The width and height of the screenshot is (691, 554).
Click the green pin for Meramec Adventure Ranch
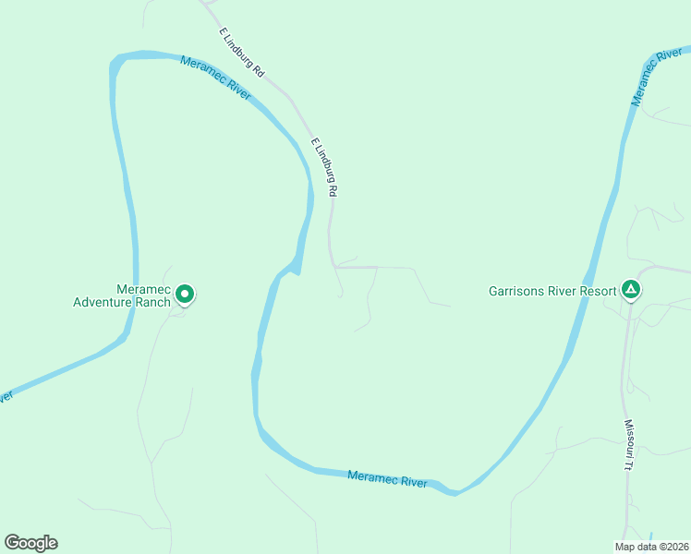(185, 295)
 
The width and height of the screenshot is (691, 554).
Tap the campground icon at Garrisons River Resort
(631, 291)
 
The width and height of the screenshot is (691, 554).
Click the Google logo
(30, 543)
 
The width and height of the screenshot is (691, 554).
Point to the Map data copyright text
(651, 547)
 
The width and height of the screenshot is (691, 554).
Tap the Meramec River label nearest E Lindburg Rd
(215, 78)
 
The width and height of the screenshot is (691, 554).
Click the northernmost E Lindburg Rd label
(242, 52)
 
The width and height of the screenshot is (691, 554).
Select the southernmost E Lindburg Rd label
(325, 166)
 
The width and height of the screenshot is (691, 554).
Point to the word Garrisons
(519, 292)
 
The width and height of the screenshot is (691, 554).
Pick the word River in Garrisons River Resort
(565, 292)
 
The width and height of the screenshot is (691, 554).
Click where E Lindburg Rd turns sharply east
(335, 267)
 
